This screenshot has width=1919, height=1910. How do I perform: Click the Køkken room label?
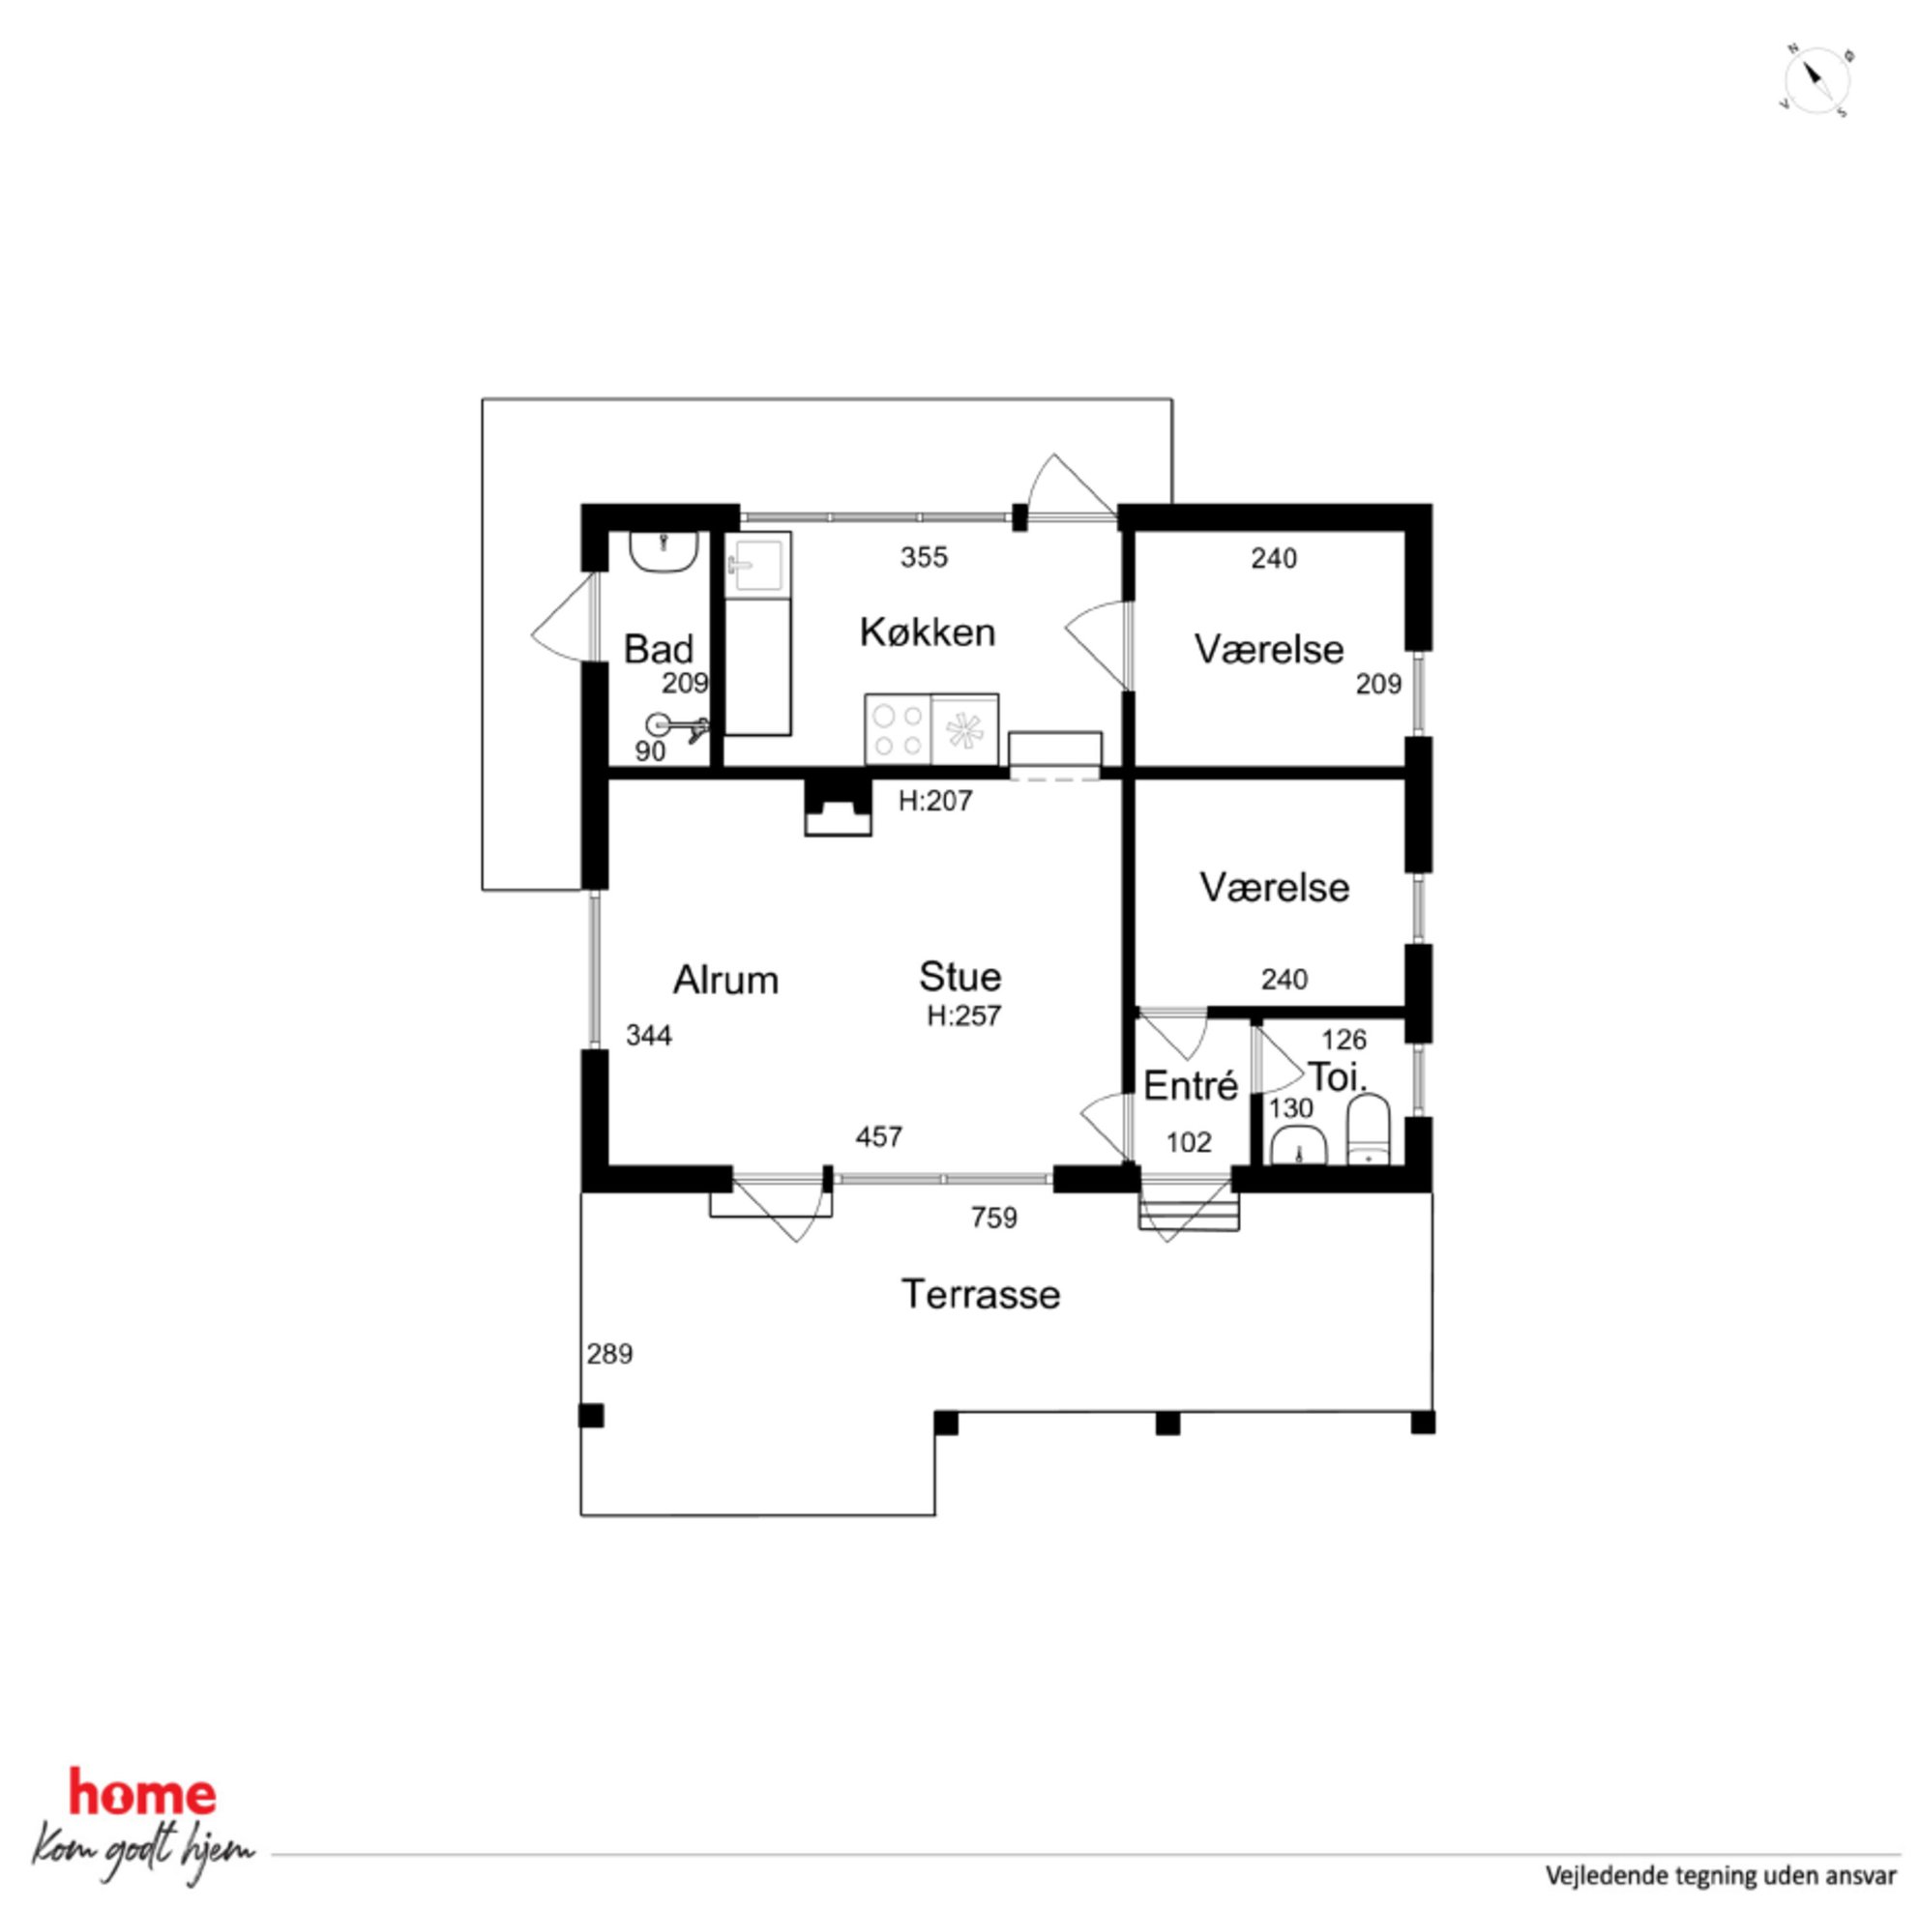[927, 632]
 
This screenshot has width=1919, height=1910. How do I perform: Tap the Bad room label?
[658, 650]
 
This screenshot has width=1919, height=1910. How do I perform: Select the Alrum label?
[725, 981]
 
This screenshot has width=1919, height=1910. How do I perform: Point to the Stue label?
[959, 977]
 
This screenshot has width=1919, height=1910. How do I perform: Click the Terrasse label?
[981, 1294]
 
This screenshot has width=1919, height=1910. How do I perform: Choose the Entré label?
[1190, 1086]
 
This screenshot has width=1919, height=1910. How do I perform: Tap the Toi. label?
[1337, 1077]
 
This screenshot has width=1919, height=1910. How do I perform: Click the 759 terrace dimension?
[994, 1218]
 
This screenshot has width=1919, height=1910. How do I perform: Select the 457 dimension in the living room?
[879, 1136]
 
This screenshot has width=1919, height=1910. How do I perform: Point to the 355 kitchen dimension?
[924, 557]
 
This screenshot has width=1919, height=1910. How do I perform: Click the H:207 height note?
[934, 801]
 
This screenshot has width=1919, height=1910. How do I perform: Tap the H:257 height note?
[963, 1016]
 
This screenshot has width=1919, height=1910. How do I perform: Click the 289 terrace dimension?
[608, 1354]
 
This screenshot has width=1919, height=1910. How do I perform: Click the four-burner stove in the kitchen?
[898, 730]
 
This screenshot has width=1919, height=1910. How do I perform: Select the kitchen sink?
[757, 565]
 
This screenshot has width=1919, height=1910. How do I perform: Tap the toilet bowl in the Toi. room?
[1370, 1130]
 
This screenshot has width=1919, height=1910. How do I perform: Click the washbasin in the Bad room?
[664, 552]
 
